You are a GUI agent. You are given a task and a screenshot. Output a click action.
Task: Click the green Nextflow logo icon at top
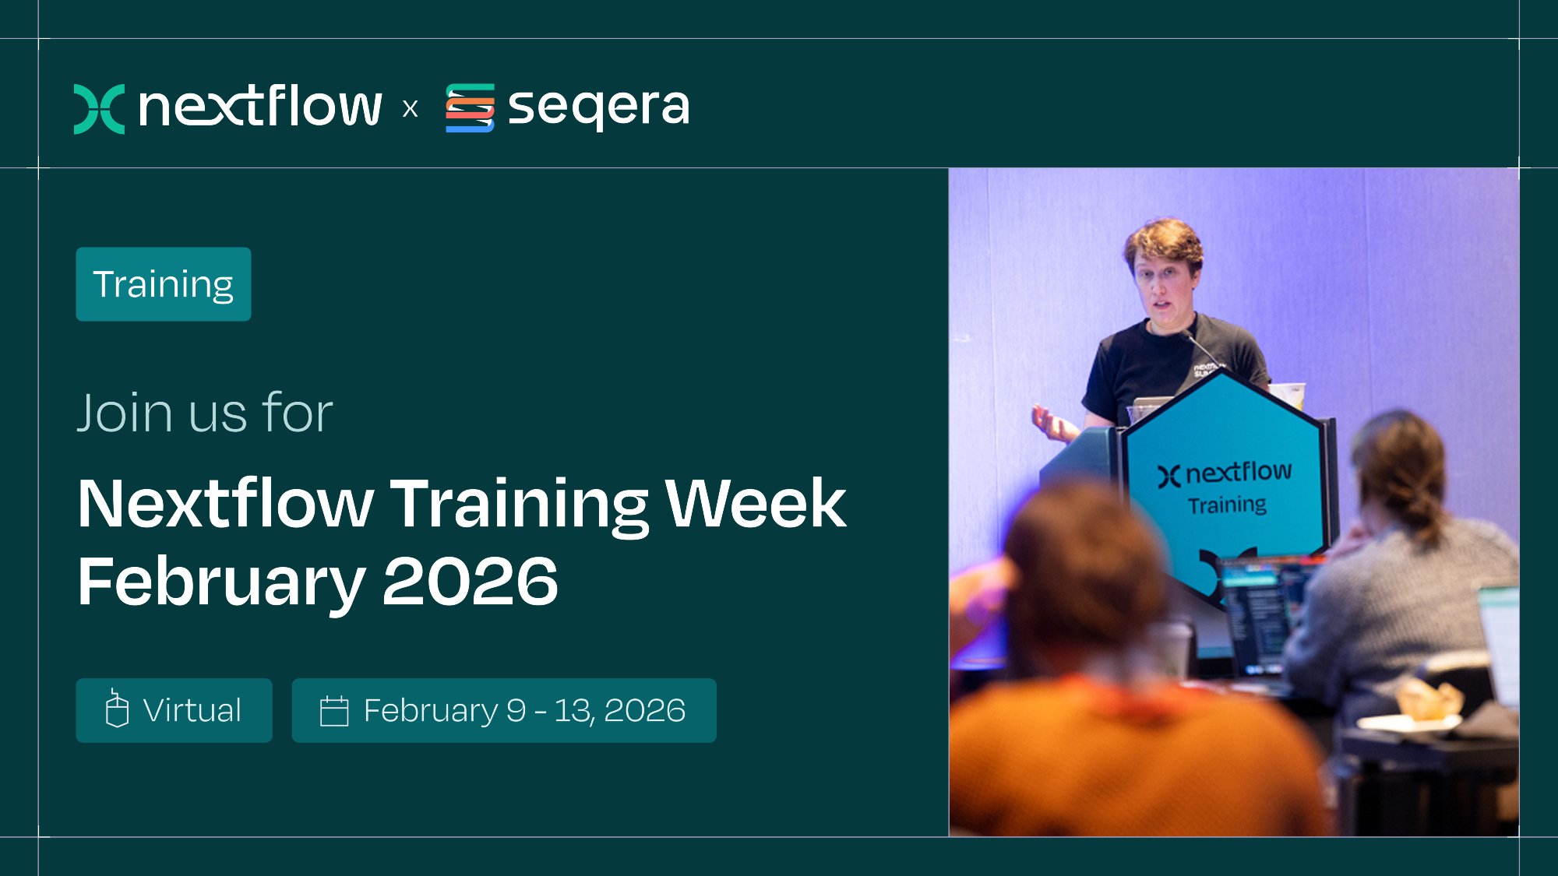coord(99,108)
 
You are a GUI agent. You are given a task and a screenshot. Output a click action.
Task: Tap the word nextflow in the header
coord(260,107)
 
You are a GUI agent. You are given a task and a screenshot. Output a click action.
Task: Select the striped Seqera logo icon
coord(470,107)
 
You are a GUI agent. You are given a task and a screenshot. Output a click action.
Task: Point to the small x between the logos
coord(410,108)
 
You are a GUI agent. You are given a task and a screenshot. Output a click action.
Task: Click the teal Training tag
coord(164,284)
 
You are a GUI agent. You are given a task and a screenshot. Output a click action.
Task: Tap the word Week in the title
coord(755,504)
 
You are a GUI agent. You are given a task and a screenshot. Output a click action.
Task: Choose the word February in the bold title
coord(221,583)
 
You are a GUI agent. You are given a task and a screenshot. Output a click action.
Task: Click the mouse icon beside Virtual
coord(117,708)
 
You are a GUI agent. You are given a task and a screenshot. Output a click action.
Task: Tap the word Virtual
coord(192,710)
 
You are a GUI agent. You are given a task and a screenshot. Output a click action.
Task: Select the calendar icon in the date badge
coord(334,711)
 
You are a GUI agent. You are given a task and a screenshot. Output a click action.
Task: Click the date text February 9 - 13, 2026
coord(524,711)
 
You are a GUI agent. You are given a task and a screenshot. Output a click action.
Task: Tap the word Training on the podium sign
coord(1227,505)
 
